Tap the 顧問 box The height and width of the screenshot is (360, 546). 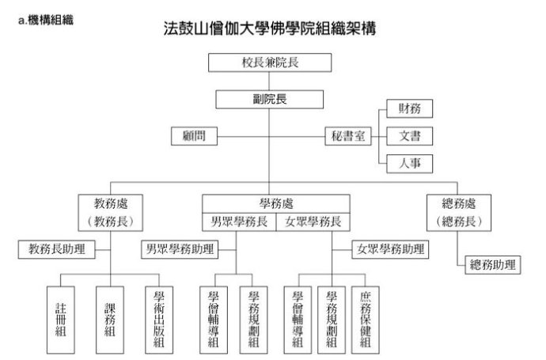pos(194,135)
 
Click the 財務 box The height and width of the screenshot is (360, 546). pos(409,108)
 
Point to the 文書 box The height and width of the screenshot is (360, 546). pos(409,135)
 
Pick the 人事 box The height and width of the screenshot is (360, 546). pos(409,164)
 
